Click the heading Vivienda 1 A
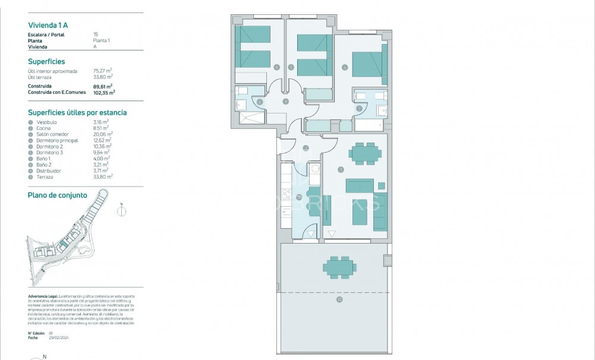click(x=48, y=25)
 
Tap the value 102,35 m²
click(x=105, y=92)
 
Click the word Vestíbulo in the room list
click(x=46, y=122)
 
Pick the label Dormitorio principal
click(x=56, y=140)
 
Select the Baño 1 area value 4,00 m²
click(x=102, y=159)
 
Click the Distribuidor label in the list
click(x=49, y=170)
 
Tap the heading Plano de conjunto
click(x=58, y=195)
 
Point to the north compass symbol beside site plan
click(x=121, y=210)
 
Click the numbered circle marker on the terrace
click(x=339, y=300)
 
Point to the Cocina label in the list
click(x=44, y=128)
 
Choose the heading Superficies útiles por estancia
click(x=77, y=112)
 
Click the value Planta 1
click(x=102, y=40)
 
